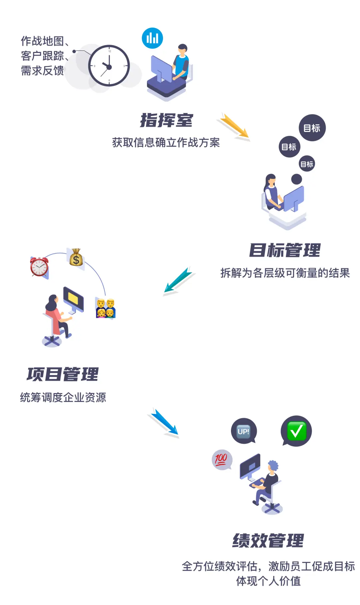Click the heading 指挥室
(166, 120)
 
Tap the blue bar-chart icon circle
(152, 38)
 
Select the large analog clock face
(109, 66)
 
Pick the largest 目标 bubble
(312, 128)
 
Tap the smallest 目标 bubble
(307, 164)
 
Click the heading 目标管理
(285, 250)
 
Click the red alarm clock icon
(39, 267)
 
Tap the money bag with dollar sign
(76, 258)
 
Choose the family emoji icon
(105, 308)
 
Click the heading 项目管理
(63, 374)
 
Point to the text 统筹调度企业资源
(63, 397)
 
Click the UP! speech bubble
(244, 431)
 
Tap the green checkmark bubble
(296, 431)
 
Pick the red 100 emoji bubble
(221, 459)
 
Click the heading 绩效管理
(268, 540)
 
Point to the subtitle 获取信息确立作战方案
(166, 143)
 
